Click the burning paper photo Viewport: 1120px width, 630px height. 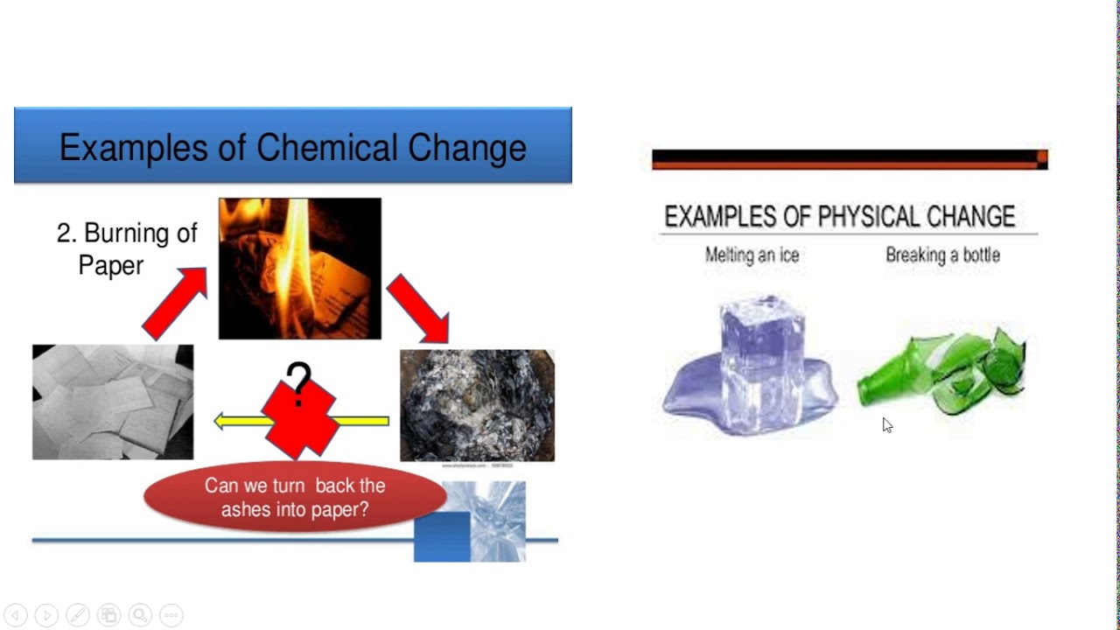coord(299,268)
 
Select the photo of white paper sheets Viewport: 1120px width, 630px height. coord(113,402)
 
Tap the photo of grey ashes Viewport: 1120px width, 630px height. coord(477,405)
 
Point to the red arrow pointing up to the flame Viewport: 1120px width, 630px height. coord(175,304)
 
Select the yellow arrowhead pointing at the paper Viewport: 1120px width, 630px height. coord(222,422)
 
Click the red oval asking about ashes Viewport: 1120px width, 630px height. coord(295,497)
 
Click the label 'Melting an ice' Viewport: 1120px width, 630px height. coord(752,255)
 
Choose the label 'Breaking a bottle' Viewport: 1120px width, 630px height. coord(942,255)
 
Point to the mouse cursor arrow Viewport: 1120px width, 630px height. coord(886,424)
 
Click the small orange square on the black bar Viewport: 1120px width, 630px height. coord(1042,158)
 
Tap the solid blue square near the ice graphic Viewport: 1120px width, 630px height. coord(442,536)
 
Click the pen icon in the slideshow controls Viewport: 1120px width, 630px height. coord(77,615)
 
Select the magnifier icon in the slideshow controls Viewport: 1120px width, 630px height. coord(140,615)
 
